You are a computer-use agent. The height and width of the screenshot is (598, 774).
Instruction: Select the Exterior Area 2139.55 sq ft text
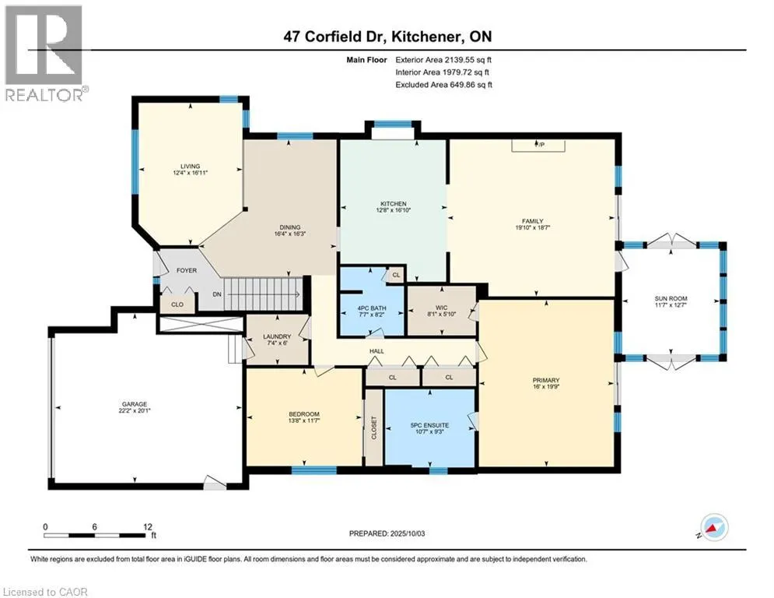coord(443,60)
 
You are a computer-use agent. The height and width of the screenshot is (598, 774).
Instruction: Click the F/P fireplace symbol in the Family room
coord(538,145)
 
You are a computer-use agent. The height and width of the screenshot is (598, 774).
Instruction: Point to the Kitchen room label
coord(394,204)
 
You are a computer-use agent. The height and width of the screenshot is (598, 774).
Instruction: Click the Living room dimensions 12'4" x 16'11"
coord(190,173)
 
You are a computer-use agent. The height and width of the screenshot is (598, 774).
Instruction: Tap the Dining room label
coord(289,227)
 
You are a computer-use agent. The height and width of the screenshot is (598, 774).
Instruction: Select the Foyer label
coord(187,270)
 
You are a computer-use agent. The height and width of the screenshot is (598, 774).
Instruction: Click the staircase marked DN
coord(263,294)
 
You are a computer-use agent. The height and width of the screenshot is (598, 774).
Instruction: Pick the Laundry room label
coord(277,336)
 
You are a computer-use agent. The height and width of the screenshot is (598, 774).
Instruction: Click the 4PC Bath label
coord(372,308)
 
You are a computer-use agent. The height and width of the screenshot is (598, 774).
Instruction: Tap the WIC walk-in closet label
coord(441,308)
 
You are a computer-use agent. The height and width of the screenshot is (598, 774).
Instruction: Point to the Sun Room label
coord(671,298)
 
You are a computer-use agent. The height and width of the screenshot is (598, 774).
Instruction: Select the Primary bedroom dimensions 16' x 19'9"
coord(546,387)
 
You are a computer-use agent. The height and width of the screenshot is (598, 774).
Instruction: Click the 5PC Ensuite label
coord(429,425)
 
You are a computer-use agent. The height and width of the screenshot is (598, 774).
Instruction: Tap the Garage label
coord(135,404)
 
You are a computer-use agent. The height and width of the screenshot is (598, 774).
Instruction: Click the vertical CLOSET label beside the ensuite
coord(373,427)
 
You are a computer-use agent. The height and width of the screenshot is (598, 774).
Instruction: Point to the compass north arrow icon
coord(713,527)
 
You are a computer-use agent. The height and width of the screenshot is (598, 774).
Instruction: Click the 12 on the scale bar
coord(148,527)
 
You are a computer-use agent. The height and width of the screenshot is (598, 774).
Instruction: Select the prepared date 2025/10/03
coord(408,533)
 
